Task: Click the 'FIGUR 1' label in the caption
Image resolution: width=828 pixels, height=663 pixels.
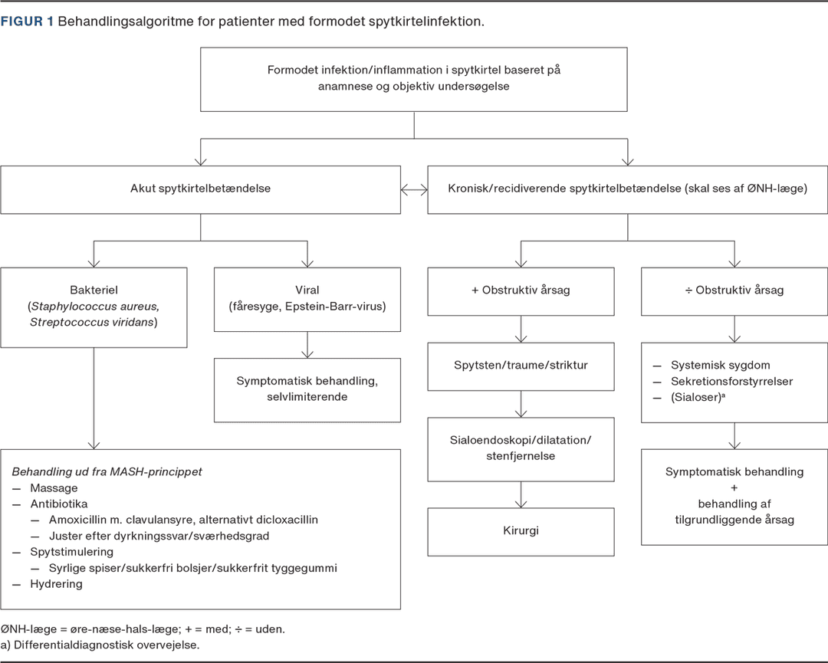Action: (27, 21)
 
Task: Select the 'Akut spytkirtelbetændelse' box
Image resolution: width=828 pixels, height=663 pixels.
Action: (201, 190)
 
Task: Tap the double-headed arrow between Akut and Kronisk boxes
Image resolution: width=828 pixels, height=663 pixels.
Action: (414, 190)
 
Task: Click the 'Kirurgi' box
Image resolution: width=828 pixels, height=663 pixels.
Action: (521, 532)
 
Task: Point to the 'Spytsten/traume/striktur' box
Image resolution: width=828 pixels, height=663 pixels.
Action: (521, 367)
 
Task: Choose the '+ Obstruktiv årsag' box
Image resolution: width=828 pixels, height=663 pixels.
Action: (521, 292)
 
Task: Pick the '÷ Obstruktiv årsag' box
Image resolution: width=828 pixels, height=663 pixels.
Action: (734, 292)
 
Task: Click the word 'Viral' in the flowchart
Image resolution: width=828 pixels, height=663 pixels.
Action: (307, 290)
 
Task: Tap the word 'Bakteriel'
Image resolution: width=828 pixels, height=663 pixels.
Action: (94, 290)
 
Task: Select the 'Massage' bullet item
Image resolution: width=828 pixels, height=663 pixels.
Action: (54, 488)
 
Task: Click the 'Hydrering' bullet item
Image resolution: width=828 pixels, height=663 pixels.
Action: (56, 584)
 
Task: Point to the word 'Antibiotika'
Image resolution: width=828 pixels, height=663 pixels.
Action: (58, 504)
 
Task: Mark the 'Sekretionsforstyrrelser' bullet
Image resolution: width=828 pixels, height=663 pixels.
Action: (731, 381)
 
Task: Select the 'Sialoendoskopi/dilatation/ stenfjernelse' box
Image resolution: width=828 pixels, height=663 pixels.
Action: (521, 450)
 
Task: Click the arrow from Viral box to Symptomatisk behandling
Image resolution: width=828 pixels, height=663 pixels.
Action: (307, 345)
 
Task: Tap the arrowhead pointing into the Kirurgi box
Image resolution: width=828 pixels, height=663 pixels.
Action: (521, 504)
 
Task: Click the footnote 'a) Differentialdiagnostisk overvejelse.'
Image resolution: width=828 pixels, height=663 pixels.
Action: (100, 645)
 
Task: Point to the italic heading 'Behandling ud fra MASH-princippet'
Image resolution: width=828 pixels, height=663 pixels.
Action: (107, 472)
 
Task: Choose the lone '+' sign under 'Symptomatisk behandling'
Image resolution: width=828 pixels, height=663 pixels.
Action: (734, 487)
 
